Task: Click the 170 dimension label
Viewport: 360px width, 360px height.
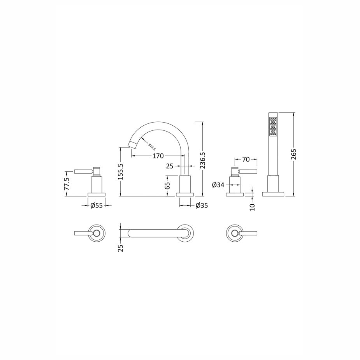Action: click(158, 156)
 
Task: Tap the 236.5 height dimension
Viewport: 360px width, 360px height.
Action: click(203, 160)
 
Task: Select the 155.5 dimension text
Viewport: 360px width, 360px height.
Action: click(120, 172)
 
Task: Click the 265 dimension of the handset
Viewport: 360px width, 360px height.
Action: click(294, 154)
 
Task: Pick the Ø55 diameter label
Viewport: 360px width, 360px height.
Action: click(97, 205)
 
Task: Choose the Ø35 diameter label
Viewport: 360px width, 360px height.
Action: click(202, 205)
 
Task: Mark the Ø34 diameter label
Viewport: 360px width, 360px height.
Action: click(218, 185)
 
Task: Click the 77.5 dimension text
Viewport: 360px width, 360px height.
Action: click(66, 183)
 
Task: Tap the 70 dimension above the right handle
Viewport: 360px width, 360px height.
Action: click(246, 159)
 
